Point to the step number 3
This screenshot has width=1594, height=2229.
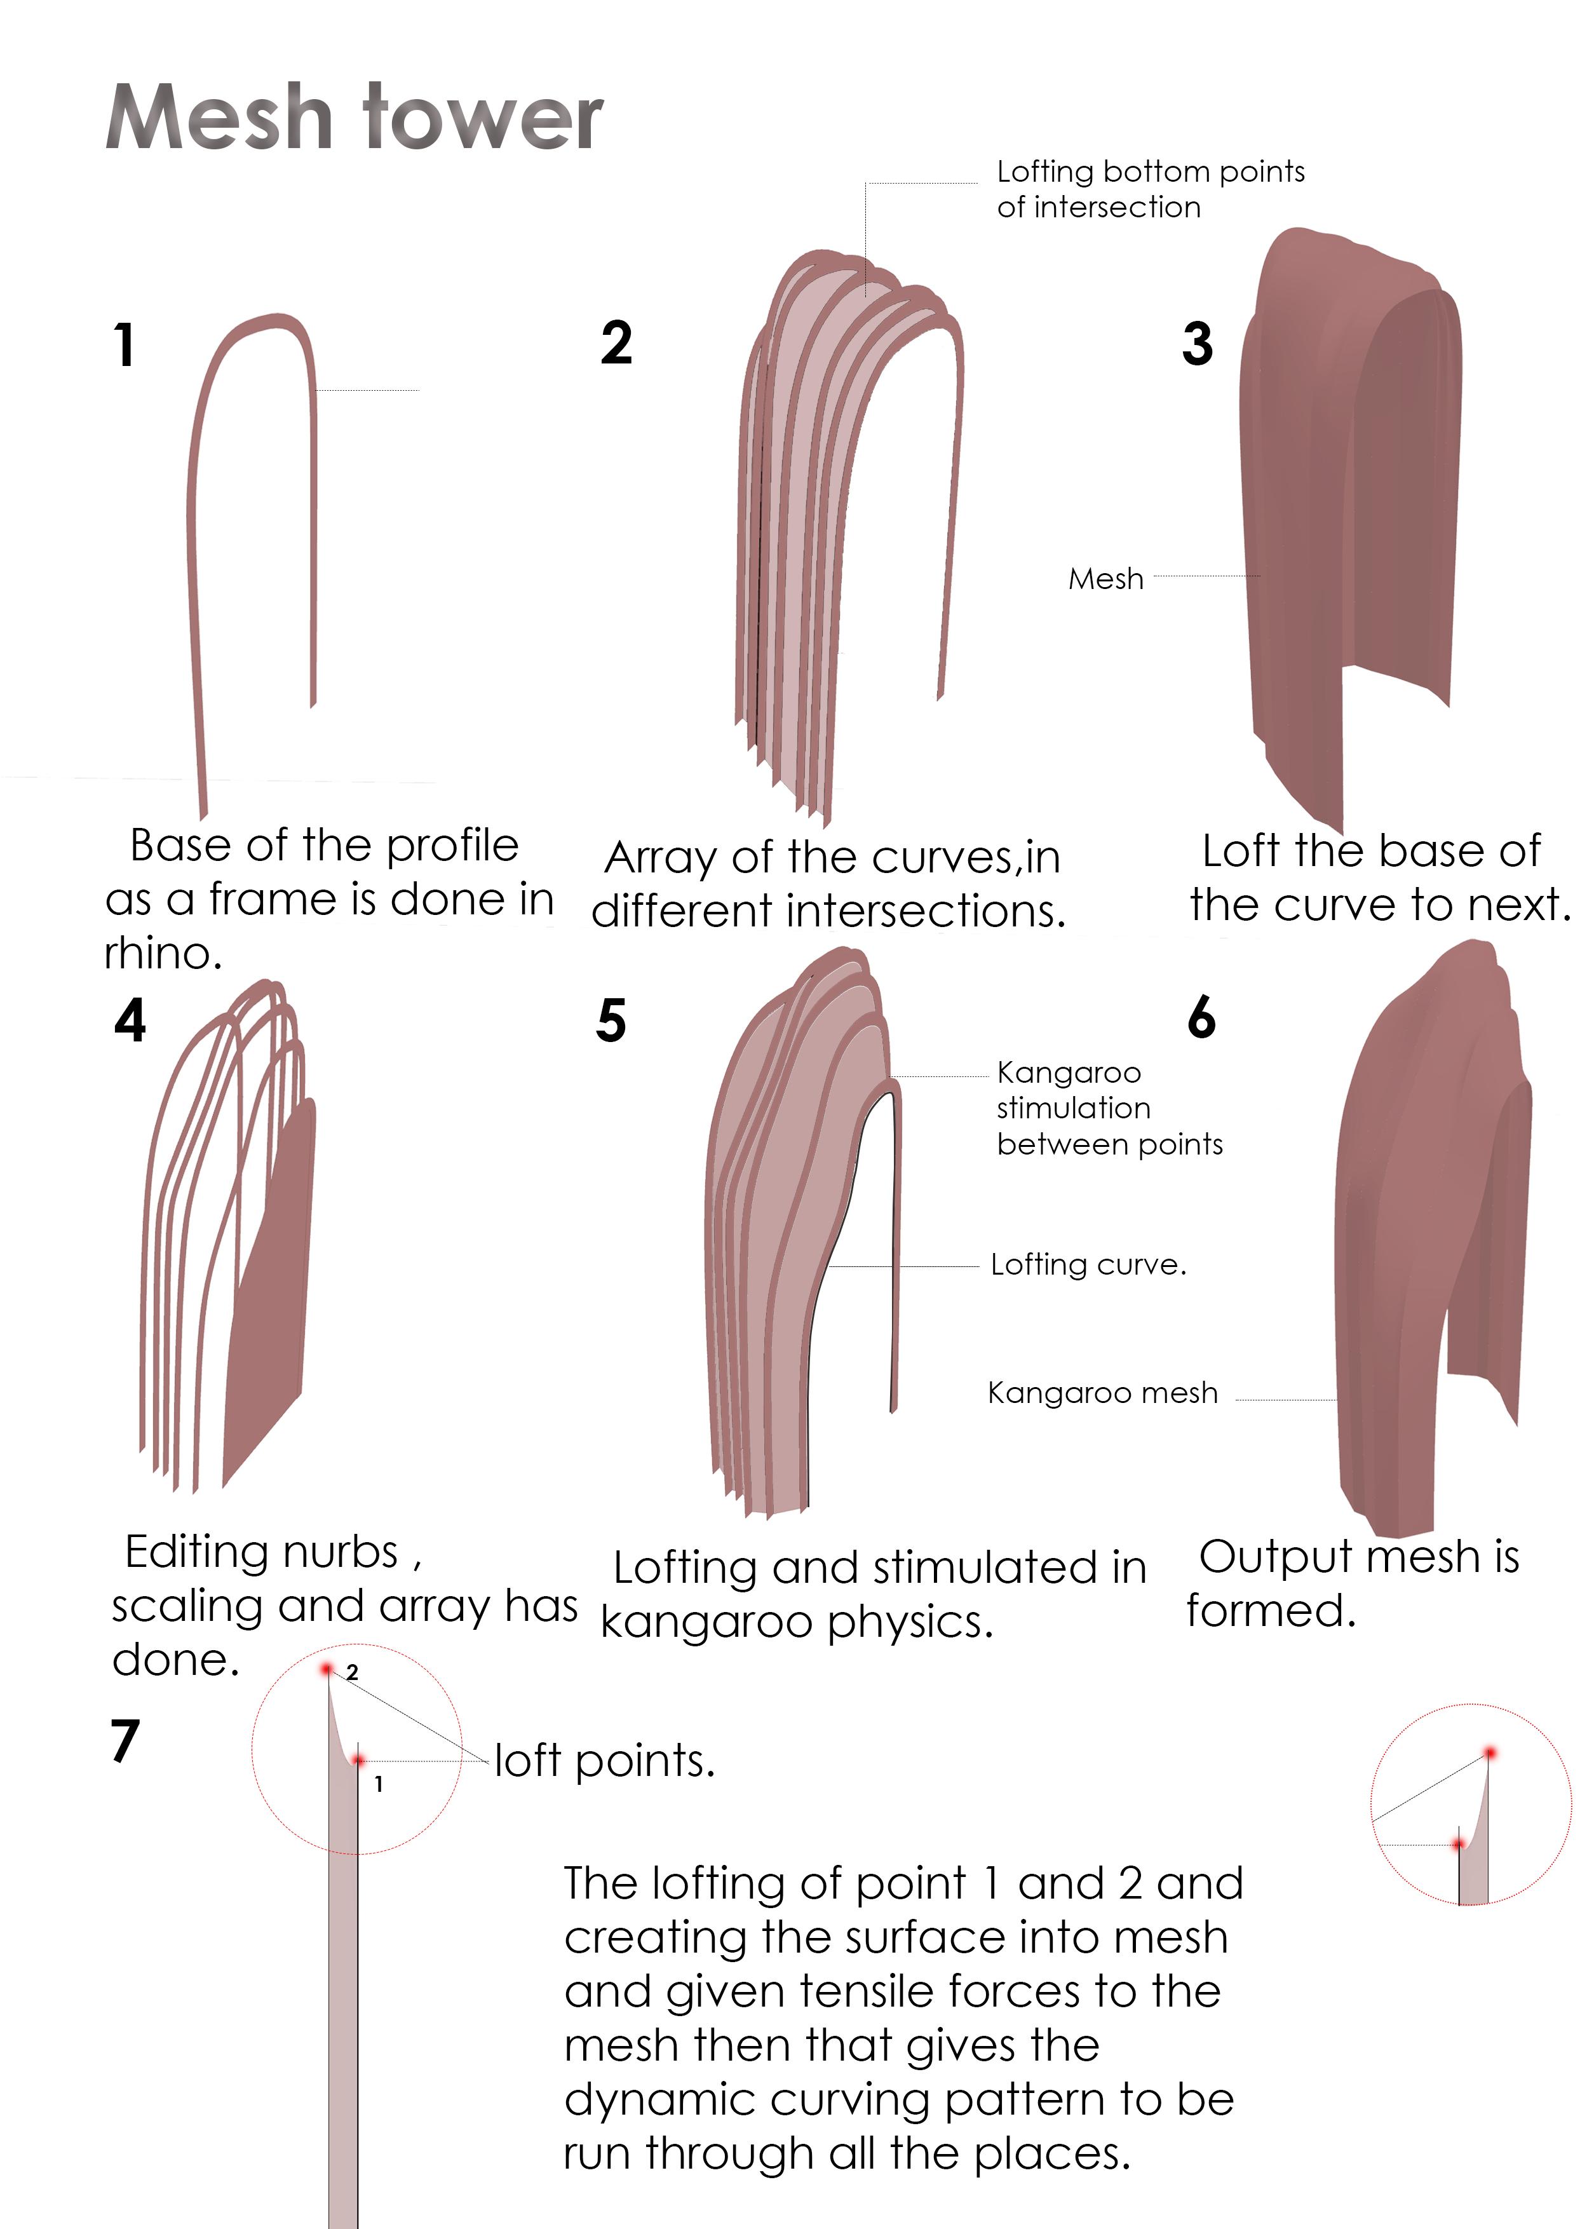click(1198, 344)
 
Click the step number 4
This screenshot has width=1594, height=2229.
click(130, 1020)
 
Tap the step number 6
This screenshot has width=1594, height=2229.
click(1201, 1017)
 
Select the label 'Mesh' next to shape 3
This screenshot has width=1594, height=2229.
click(1105, 579)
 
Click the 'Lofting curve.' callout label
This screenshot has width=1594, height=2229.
click(1088, 1265)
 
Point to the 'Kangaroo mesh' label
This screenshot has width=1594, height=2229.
click(1102, 1393)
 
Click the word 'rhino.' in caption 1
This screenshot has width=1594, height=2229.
click(163, 953)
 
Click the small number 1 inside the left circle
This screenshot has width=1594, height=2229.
click(379, 1784)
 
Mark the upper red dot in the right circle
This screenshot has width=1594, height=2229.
click(1489, 1752)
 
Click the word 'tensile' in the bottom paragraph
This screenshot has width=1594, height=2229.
click(877, 1991)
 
